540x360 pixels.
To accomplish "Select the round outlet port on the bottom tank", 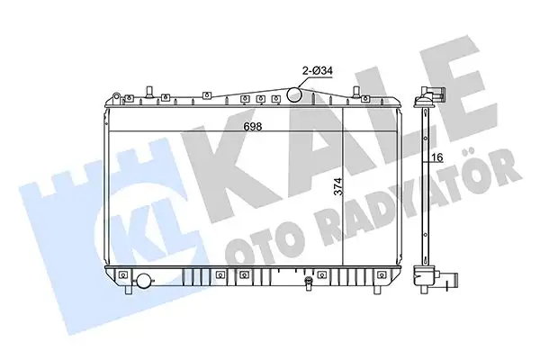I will click(142, 282).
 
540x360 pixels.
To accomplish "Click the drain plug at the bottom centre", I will click(309, 286).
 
